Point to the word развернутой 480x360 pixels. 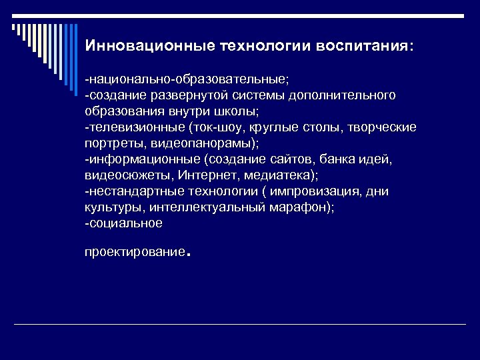tap(187, 95)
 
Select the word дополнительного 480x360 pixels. tap(346, 95)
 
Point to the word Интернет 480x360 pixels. tap(205, 175)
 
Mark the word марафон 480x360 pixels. tap(301, 207)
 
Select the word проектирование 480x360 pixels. tap(135, 253)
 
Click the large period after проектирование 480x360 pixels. tap(189, 254)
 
